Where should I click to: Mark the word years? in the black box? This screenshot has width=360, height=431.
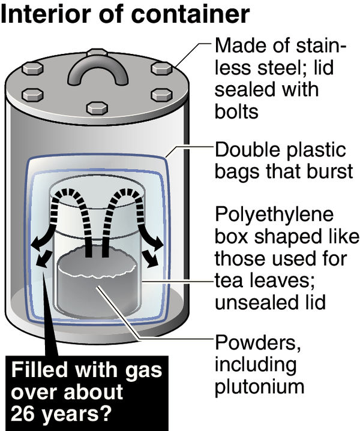tap(78, 412)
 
